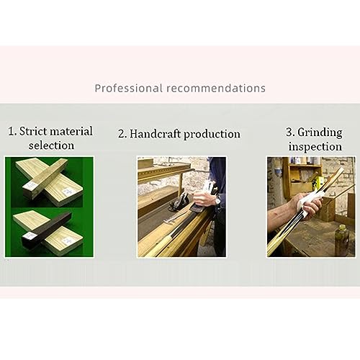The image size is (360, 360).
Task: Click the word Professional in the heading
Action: point(129,89)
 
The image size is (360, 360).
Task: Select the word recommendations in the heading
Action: point(216,88)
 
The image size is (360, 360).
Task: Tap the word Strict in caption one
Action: point(33,131)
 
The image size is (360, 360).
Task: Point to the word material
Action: point(71,131)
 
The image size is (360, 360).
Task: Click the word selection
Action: point(51,145)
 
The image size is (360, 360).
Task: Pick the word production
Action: point(212,134)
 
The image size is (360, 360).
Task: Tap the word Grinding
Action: point(320,132)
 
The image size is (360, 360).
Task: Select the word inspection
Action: point(315,147)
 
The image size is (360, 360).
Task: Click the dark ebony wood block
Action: point(48,231)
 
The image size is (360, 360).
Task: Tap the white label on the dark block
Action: point(30,236)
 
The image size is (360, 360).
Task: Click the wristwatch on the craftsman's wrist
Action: point(218,199)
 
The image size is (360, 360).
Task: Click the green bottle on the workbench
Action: point(343,240)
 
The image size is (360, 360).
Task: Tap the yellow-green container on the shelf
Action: point(319,181)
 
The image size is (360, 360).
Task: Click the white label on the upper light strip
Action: point(31,186)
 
